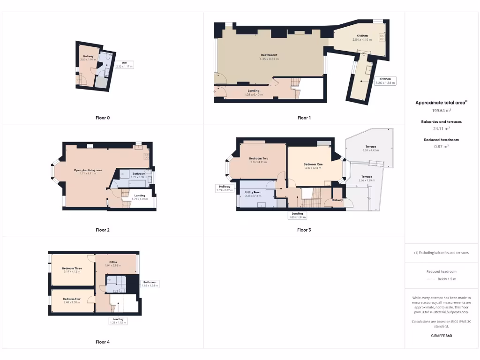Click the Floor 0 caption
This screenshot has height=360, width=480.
pyautogui.click(x=103, y=118)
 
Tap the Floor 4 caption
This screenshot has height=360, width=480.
pyautogui.click(x=103, y=342)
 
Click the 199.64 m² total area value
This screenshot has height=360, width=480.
pyautogui.click(x=441, y=111)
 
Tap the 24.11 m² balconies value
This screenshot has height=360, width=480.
pyautogui.click(x=441, y=128)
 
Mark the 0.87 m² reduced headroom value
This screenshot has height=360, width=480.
pyautogui.click(x=441, y=146)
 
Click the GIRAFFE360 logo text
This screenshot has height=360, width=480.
pyautogui.click(x=441, y=336)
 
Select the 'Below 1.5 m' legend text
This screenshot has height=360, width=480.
pyautogui.click(x=446, y=279)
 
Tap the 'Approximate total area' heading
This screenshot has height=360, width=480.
pyautogui.click(x=441, y=103)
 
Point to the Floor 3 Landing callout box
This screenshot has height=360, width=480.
pyautogui.click(x=297, y=216)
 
